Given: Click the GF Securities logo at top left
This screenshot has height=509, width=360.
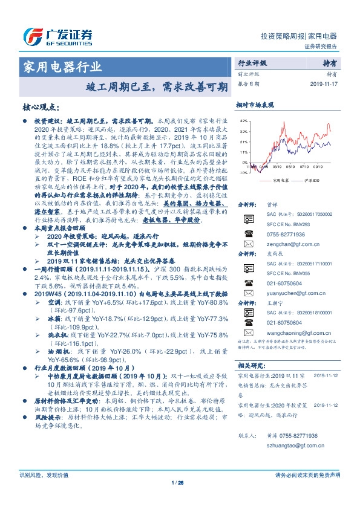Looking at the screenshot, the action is coord(57,37).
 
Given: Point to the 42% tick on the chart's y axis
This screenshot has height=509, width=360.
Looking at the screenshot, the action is coord(244,122).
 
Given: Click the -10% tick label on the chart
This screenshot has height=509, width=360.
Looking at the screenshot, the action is coord(243,172).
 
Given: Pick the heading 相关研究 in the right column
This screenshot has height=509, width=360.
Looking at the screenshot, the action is coord(250,365).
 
